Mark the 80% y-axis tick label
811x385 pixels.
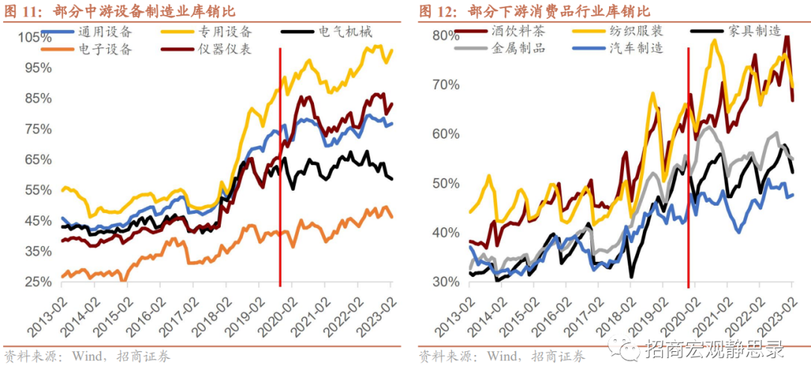pos(445,35)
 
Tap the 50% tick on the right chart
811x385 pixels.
pos(445,184)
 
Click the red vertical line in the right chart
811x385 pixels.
pos(689,165)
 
